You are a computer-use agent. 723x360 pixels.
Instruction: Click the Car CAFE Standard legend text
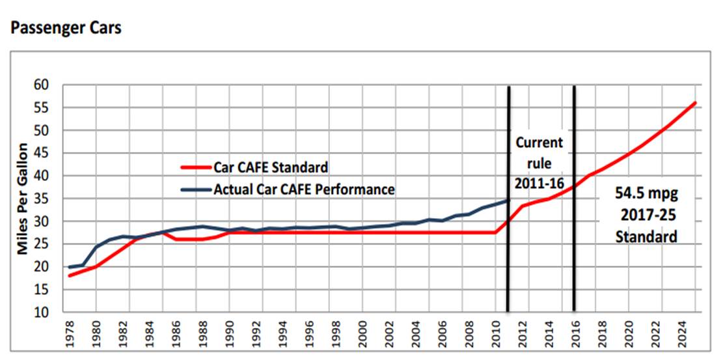click(x=271, y=167)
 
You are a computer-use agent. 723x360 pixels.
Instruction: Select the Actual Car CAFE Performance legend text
click(x=304, y=189)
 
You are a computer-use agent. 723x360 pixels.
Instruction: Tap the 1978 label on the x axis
click(x=69, y=333)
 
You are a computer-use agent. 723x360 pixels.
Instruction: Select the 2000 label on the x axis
click(x=362, y=333)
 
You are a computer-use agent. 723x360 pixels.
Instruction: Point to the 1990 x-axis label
click(x=229, y=333)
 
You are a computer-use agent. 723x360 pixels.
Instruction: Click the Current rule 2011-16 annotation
click(x=539, y=162)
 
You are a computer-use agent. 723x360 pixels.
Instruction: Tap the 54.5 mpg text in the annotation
click(x=646, y=193)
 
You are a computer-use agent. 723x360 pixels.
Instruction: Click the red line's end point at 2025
click(x=696, y=103)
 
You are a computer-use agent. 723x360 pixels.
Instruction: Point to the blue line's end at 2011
click(x=508, y=201)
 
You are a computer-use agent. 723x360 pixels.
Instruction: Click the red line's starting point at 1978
click(x=69, y=276)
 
